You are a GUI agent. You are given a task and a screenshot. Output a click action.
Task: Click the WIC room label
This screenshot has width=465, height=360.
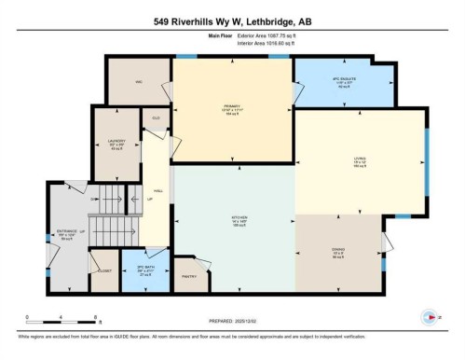pyautogui.click(x=138, y=82)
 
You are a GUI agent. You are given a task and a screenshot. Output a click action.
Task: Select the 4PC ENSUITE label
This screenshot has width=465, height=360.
pyautogui.click(x=346, y=80)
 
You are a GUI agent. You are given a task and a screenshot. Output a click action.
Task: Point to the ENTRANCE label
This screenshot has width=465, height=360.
pyautogui.click(x=66, y=230)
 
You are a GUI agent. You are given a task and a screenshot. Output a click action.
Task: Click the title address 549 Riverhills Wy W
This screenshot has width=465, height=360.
pyautogui.click(x=232, y=20)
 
